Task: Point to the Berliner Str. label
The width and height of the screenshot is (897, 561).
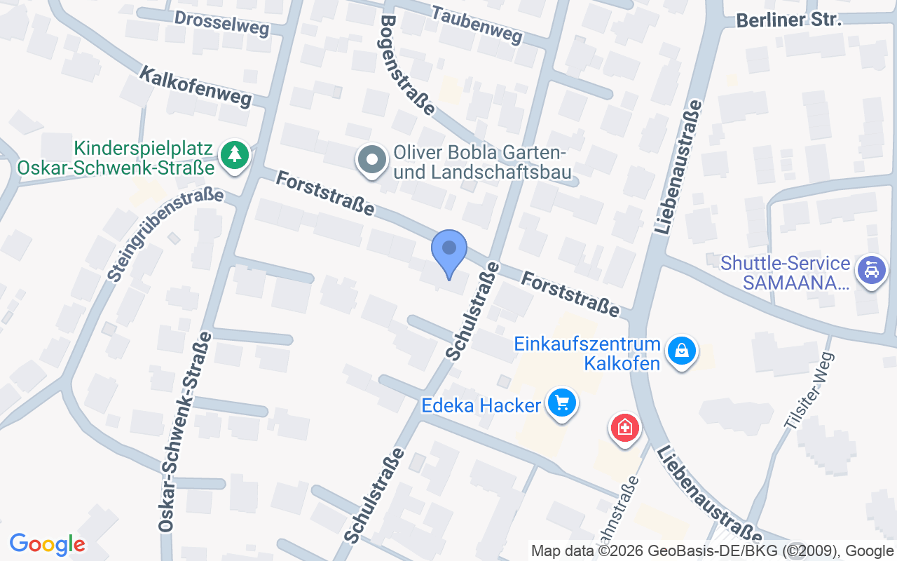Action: pyautogui.click(x=788, y=20)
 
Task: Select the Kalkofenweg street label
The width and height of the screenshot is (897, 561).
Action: pyautogui.click(x=196, y=88)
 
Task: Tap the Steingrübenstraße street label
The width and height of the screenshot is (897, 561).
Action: pyautogui.click(x=165, y=234)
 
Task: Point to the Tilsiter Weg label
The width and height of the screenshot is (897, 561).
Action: pyautogui.click(x=809, y=390)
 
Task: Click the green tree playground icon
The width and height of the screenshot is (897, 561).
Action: pyautogui.click(x=234, y=154)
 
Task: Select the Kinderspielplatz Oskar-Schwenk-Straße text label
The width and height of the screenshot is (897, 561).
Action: pyautogui.click(x=116, y=158)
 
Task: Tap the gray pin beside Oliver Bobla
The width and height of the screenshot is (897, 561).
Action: pyautogui.click(x=373, y=160)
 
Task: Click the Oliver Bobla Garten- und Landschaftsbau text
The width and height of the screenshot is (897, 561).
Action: pyautogui.click(x=482, y=162)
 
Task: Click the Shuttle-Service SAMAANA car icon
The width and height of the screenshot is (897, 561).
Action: pyautogui.click(x=872, y=270)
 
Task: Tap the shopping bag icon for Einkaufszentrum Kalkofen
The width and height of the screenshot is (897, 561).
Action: pyautogui.click(x=681, y=349)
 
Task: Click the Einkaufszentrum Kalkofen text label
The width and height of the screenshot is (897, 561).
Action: pyautogui.click(x=587, y=353)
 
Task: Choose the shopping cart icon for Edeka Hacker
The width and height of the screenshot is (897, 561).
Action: pyautogui.click(x=561, y=403)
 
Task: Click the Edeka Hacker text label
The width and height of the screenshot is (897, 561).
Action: pyautogui.click(x=481, y=405)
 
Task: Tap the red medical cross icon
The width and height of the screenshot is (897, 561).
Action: pyautogui.click(x=625, y=426)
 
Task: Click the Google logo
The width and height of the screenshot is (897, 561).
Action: pyautogui.click(x=48, y=544)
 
